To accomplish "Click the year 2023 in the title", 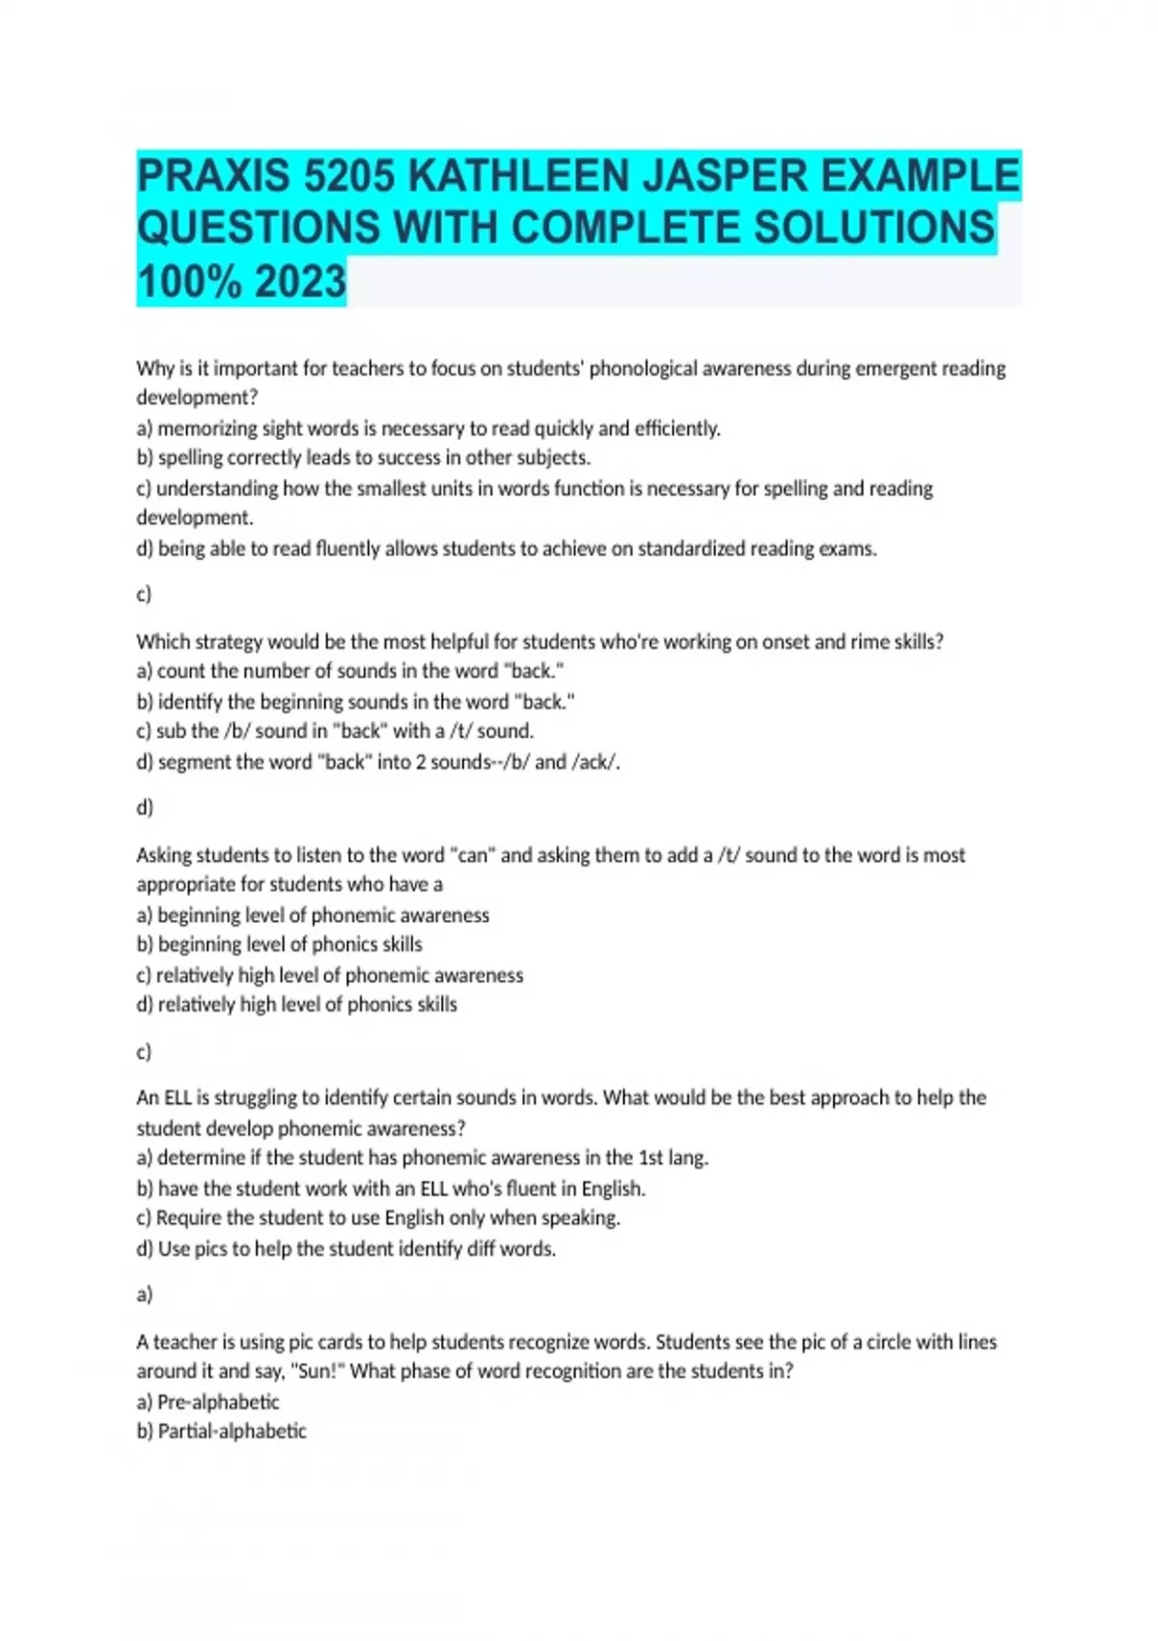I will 300,282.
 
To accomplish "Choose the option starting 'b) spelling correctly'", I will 363,458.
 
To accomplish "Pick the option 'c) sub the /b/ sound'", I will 335,731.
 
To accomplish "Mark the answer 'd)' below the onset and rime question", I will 145,807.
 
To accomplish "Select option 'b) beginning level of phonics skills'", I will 280,944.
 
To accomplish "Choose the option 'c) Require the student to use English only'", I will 378,1217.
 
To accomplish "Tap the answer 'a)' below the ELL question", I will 145,1293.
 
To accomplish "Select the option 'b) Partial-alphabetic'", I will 222,1431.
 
